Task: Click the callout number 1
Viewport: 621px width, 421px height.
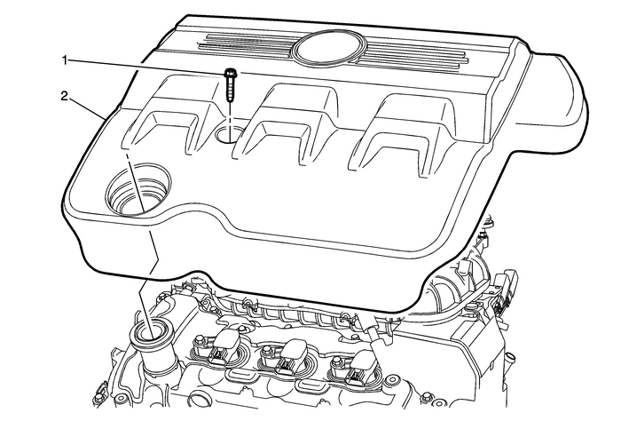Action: click(x=64, y=60)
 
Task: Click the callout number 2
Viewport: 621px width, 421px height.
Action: click(x=64, y=92)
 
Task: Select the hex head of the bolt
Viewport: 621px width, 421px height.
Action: click(x=231, y=75)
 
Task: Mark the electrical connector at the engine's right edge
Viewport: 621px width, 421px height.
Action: click(x=508, y=293)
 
